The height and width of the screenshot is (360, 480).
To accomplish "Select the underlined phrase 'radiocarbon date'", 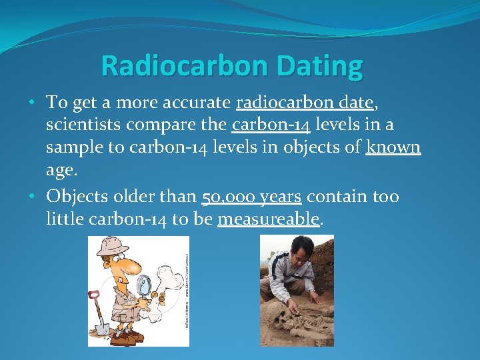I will pos(304,102).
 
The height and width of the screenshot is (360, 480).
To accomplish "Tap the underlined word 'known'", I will pos(393,147).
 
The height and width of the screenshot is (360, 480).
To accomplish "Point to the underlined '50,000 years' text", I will pos(251,196).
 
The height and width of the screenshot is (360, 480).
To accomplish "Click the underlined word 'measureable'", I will pos(269,219).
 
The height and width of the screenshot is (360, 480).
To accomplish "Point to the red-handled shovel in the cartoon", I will pos(100,313).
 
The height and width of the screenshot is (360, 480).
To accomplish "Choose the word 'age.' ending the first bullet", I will pos(62,170).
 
